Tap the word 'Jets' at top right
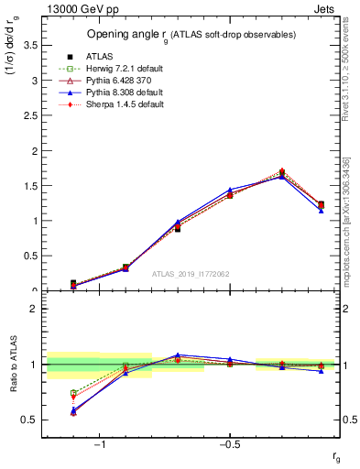(x=326, y=9)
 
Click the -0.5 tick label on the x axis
(x=229, y=444)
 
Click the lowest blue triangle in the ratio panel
(x=73, y=410)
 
